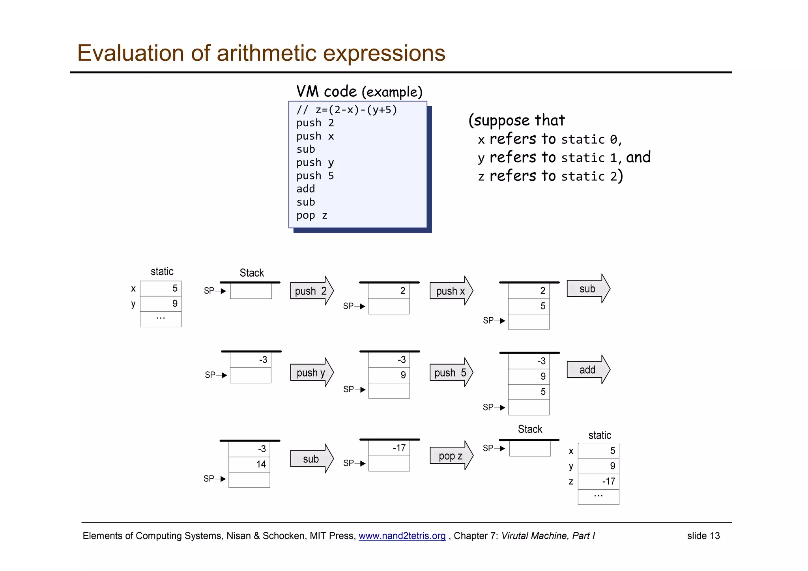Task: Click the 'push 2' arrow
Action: (311, 291)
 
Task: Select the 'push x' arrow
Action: (451, 291)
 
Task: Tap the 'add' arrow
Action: (587, 370)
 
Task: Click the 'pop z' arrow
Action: (451, 456)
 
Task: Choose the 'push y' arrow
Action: (311, 373)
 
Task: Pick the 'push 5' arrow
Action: (451, 373)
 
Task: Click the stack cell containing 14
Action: (249, 464)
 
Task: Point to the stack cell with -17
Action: (389, 448)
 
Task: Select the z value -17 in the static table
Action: (599, 481)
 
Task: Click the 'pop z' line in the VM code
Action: (312, 215)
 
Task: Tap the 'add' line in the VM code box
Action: (306, 189)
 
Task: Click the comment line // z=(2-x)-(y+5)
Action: (347, 110)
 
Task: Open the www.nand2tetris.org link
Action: (402, 536)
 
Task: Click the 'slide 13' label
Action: (703, 536)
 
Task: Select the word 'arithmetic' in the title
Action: (266, 53)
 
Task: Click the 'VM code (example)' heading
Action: (359, 92)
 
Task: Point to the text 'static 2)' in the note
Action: (591, 176)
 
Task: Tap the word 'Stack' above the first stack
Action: (252, 273)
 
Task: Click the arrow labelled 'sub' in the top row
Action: (587, 289)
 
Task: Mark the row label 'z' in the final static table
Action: (571, 481)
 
